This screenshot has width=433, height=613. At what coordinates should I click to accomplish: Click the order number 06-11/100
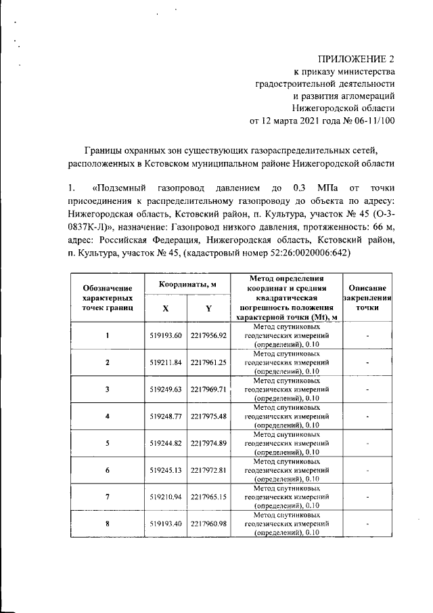(x=368, y=121)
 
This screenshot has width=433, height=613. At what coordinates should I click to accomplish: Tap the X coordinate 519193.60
(x=165, y=335)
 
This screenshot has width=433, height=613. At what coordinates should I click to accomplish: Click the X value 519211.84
(x=165, y=362)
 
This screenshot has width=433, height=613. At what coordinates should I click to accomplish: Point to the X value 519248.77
(x=165, y=416)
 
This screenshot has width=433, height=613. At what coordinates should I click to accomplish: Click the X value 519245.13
(x=165, y=470)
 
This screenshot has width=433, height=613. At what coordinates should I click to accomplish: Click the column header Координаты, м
(x=187, y=285)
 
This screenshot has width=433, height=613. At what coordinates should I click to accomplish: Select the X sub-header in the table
(x=165, y=308)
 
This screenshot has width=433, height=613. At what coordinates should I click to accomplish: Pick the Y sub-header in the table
(x=208, y=308)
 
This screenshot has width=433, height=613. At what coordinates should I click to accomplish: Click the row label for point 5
(x=107, y=443)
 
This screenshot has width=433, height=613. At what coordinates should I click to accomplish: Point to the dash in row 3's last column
(x=367, y=389)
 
